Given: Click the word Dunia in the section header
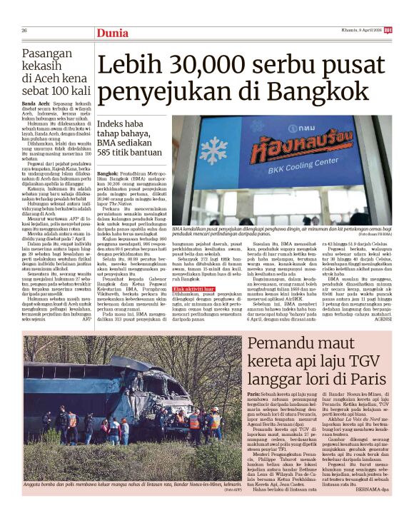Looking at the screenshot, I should [112, 31].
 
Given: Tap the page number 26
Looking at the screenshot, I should [24, 30].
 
